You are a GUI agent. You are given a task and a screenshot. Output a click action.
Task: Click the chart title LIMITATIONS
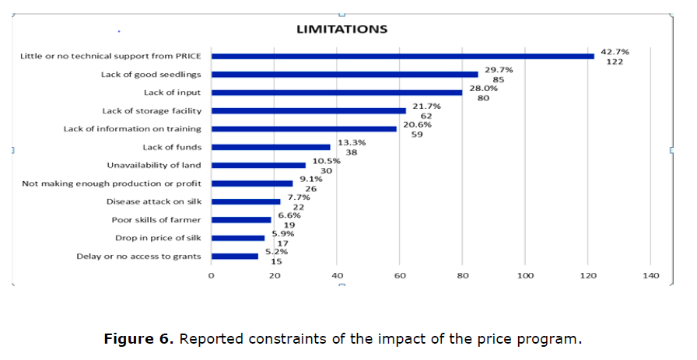point(341,30)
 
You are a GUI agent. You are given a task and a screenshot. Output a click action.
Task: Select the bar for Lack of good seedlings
point(345,75)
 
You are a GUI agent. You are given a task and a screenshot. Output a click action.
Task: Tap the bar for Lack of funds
point(271,147)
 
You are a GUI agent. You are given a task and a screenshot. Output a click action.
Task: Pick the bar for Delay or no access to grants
point(235,256)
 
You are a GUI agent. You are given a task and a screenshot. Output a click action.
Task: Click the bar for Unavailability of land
point(258,165)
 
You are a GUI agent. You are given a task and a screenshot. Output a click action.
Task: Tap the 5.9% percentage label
point(283,233)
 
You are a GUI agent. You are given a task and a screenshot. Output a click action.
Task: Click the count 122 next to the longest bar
point(615,61)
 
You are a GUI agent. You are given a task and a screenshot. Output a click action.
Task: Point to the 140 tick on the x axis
point(650,276)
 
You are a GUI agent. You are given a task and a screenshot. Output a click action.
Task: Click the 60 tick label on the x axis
point(400,276)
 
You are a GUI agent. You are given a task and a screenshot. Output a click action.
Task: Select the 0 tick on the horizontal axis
point(212,276)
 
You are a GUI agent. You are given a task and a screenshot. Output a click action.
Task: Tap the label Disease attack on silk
point(154,201)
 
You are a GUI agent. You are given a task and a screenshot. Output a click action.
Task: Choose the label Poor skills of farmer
point(156,220)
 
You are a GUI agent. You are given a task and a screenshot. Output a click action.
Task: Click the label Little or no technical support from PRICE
point(110,56)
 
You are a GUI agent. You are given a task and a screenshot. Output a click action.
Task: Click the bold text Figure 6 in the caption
point(137,339)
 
